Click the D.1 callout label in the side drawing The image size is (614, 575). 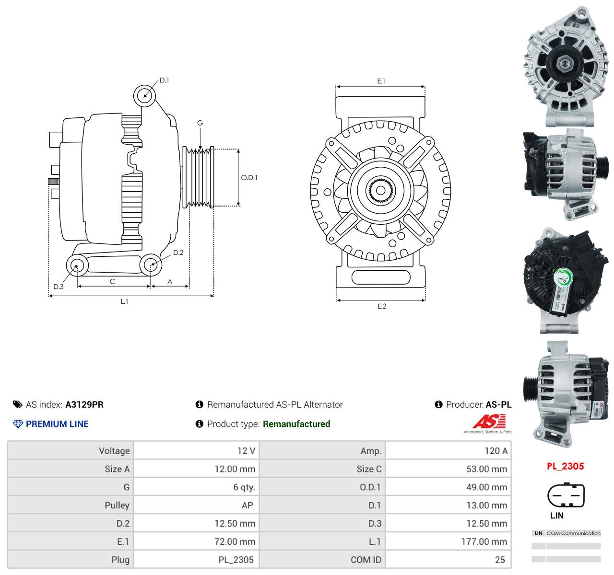click(164, 80)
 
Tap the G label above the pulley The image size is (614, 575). click(200, 123)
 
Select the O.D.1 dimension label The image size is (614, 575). click(249, 178)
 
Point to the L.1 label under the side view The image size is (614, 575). click(124, 301)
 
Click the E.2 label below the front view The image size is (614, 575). click(382, 306)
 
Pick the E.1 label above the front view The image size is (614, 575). click(381, 81)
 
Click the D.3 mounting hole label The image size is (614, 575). click(59, 287)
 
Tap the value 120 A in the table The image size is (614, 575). click(496, 451)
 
